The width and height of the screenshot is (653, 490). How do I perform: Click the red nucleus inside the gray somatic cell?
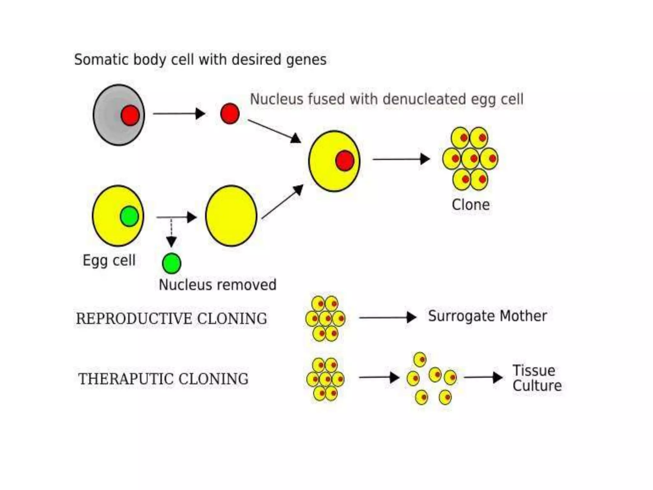pyautogui.click(x=130, y=115)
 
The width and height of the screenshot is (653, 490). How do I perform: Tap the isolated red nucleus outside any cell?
pyautogui.click(x=230, y=114)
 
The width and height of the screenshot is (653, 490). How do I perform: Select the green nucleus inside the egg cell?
pyautogui.click(x=129, y=216)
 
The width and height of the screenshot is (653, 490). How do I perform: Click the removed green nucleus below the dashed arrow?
pyautogui.click(x=172, y=264)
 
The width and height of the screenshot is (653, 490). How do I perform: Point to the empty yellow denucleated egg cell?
pyautogui.click(x=231, y=216)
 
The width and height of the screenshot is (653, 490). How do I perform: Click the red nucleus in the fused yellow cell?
pyautogui.click(x=345, y=160)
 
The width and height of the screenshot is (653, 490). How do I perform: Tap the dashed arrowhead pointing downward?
pyautogui.click(x=172, y=241)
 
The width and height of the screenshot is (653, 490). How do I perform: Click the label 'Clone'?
pyautogui.click(x=471, y=205)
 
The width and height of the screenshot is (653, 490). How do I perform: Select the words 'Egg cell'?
pyautogui.click(x=109, y=260)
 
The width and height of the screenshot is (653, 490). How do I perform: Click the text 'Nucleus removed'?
pyautogui.click(x=217, y=285)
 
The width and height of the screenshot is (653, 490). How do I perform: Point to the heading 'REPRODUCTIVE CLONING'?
pyautogui.click(x=172, y=319)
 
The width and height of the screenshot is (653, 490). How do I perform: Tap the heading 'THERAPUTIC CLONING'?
pyautogui.click(x=163, y=379)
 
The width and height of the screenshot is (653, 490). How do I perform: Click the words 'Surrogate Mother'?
pyautogui.click(x=487, y=316)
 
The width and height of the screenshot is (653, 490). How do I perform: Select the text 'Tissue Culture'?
pyautogui.click(x=537, y=378)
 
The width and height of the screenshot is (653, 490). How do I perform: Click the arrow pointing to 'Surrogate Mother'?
pyautogui.click(x=387, y=317)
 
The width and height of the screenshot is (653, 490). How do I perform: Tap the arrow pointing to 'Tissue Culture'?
pyautogui.click(x=483, y=377)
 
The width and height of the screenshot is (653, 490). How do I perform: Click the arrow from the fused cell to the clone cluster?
pyautogui.click(x=401, y=159)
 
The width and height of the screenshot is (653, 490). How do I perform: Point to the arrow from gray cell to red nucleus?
pyautogui.click(x=179, y=114)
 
